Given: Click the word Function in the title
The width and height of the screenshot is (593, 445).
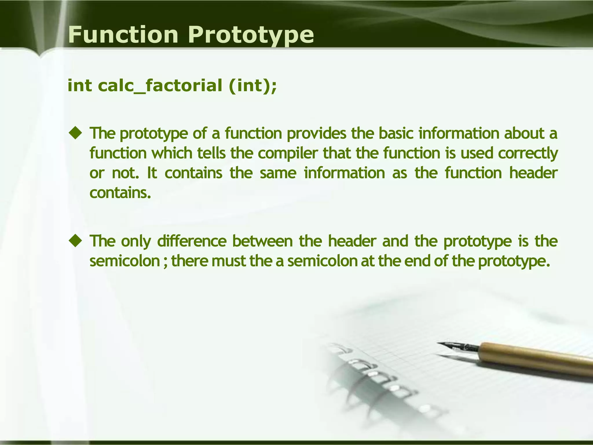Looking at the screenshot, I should click(x=123, y=35).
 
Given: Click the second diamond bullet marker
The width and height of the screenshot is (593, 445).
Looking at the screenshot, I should click(x=76, y=241).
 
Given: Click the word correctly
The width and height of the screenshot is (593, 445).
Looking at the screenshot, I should click(x=528, y=154).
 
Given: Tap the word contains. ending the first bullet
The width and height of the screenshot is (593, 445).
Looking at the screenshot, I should click(x=120, y=192).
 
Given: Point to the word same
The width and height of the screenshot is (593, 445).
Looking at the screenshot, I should click(x=278, y=173).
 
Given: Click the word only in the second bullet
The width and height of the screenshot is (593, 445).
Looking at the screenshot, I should click(x=136, y=241).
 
